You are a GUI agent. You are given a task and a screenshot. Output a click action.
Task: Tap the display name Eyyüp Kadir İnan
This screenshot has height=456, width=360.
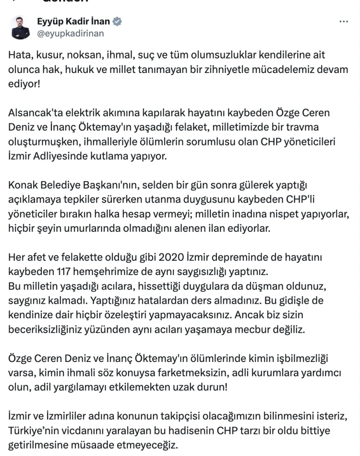coord(73,22)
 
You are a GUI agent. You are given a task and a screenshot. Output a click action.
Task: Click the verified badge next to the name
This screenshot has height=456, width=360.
coord(118,22)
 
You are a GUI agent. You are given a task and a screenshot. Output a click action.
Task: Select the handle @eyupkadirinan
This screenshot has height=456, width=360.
coord(71,34)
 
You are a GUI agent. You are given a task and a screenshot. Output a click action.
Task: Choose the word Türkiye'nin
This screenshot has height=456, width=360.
coord(33,431)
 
